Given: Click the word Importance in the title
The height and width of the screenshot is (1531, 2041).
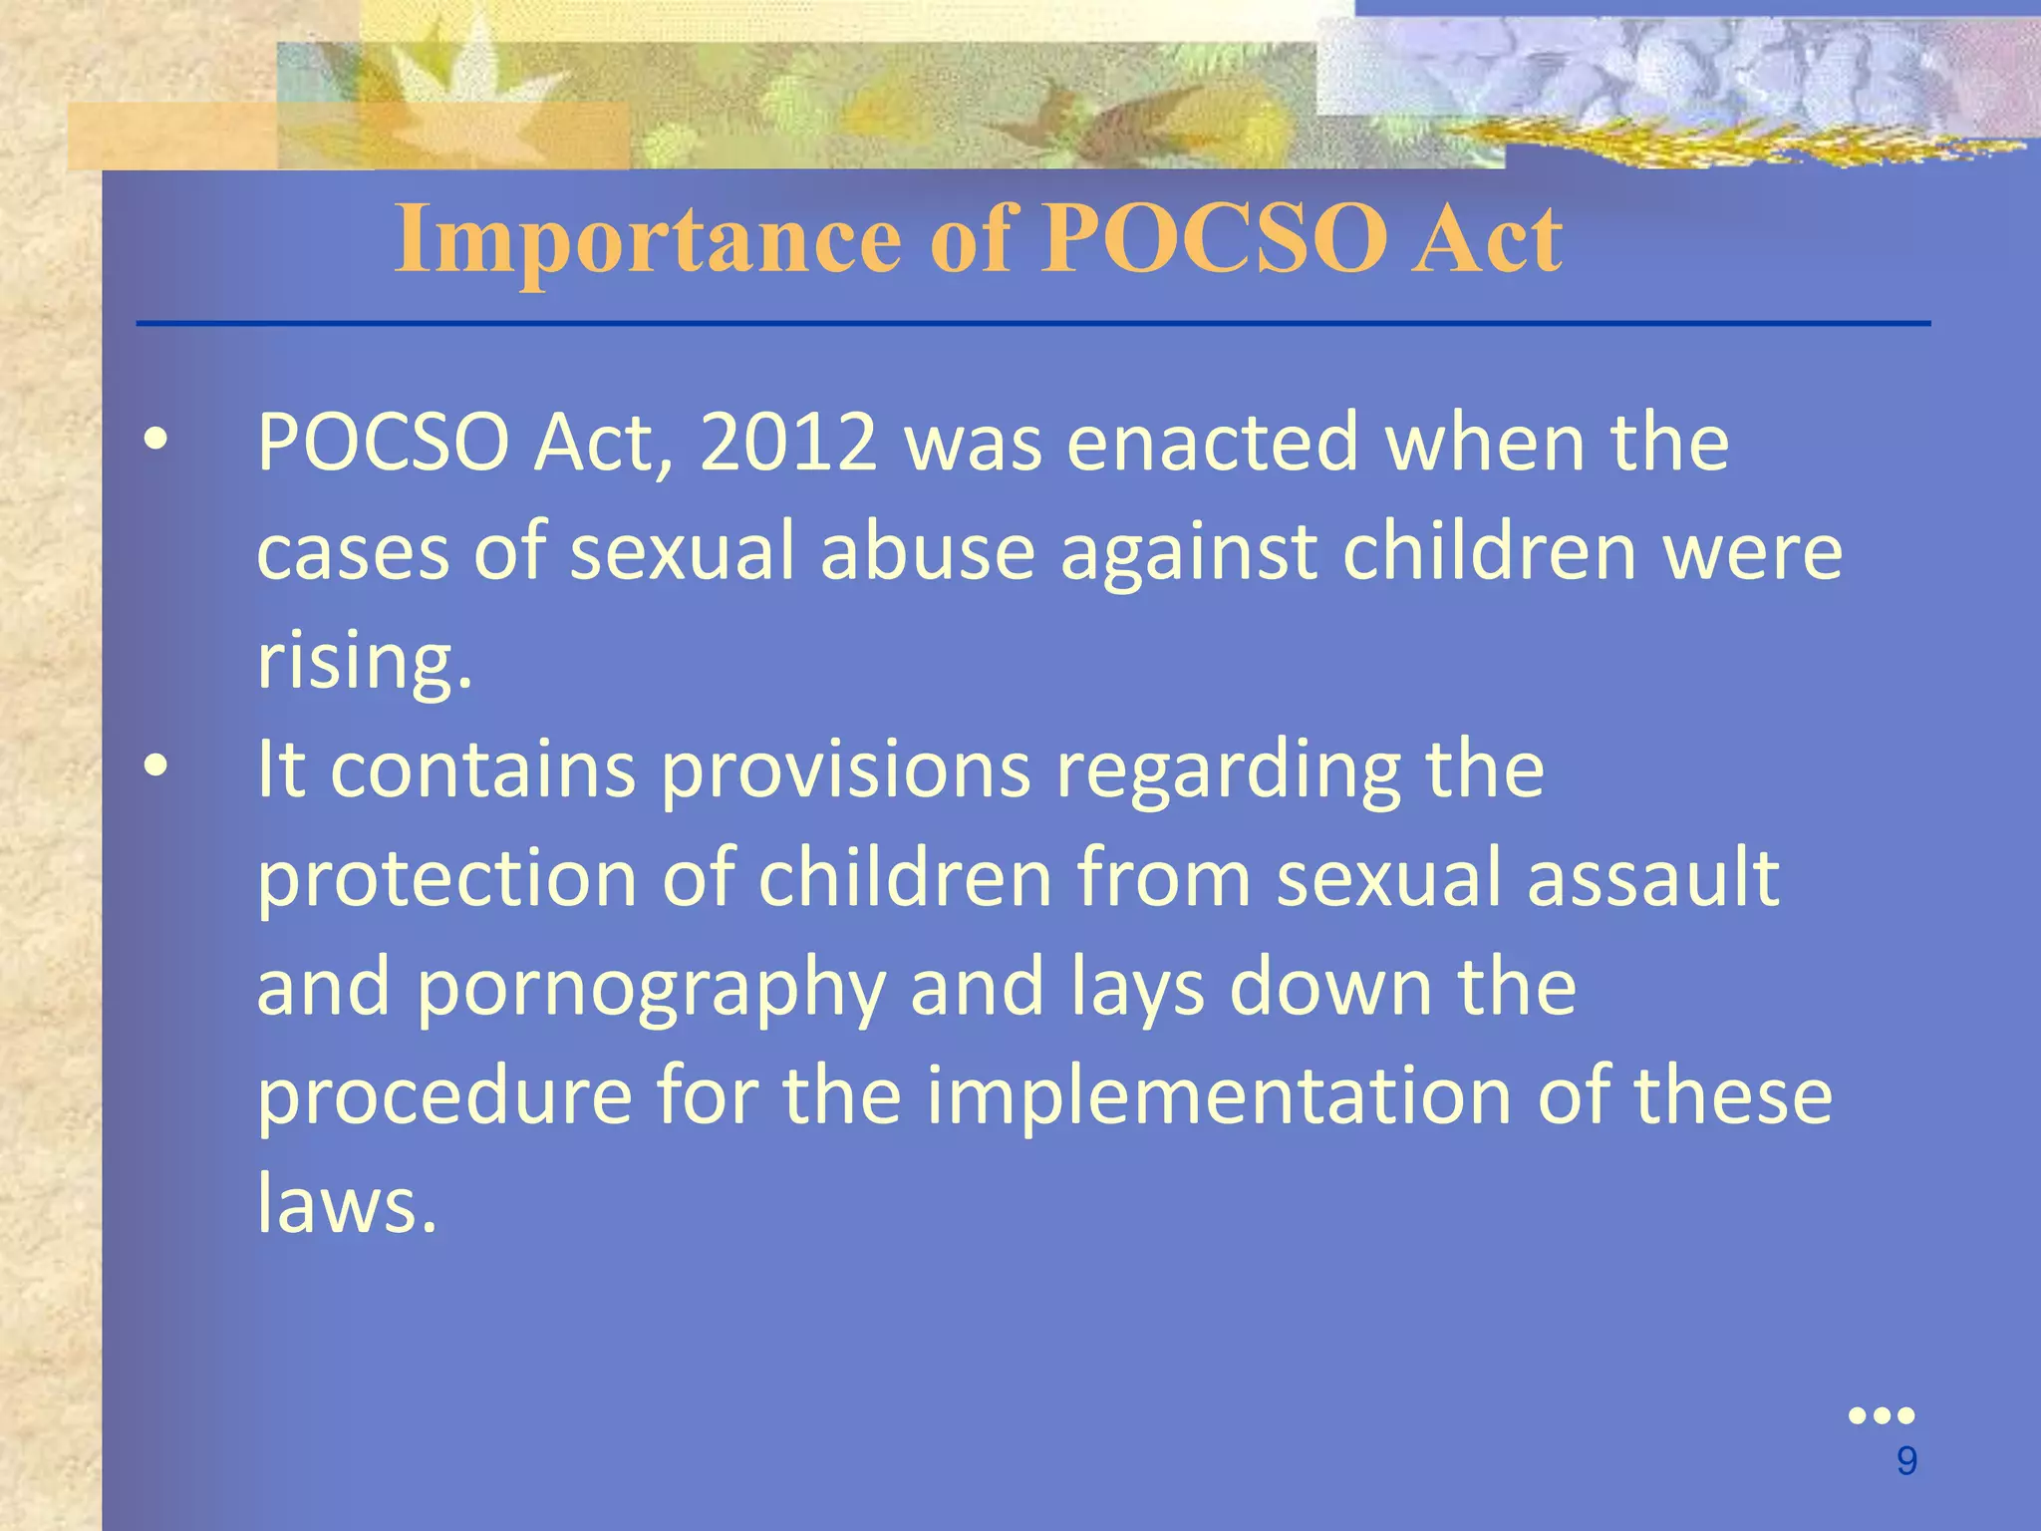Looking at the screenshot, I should [x=648, y=239].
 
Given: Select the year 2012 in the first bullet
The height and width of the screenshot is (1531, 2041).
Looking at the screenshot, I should [x=788, y=443].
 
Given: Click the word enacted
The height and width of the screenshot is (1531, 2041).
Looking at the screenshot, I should [x=1213, y=443].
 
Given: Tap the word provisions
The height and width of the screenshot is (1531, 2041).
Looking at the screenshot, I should [x=845, y=769].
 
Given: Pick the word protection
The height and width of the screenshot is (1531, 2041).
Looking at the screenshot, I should [x=446, y=878].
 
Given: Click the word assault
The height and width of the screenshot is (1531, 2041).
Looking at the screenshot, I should [x=1653, y=878].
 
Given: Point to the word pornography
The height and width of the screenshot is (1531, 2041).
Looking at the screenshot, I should [x=650, y=987].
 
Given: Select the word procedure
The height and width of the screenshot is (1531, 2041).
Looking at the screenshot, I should [x=444, y=1095].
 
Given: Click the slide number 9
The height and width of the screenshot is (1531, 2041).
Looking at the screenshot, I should [x=1906, y=1461].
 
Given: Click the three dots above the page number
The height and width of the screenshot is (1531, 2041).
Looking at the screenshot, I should [x=1882, y=1415].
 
